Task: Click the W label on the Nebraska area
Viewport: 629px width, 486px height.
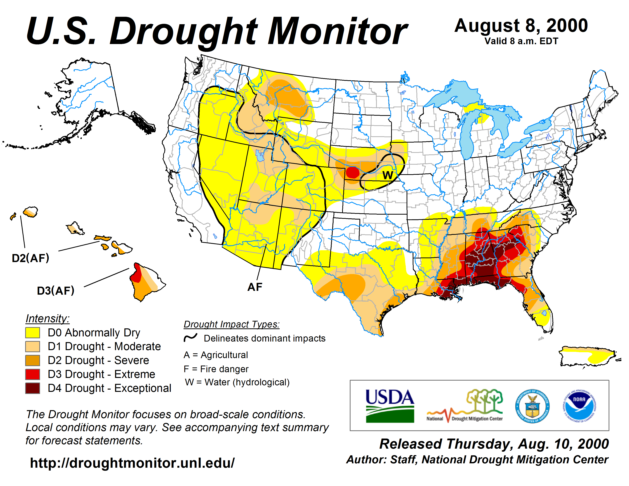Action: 388,175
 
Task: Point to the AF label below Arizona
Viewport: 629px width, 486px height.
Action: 255,287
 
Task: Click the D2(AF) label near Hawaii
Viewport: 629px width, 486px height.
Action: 30,258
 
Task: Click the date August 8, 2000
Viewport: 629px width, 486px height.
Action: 521,26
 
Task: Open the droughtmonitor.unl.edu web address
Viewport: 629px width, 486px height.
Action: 132,463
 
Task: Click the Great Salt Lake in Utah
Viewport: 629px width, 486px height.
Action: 260,156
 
